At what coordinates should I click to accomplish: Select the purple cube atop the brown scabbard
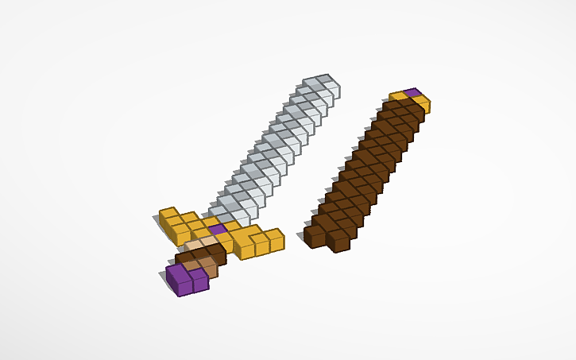(x=412, y=93)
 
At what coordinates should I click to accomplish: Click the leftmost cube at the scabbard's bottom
(x=314, y=235)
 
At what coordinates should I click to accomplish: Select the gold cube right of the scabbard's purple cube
(x=421, y=103)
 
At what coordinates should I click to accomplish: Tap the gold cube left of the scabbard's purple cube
(x=397, y=97)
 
